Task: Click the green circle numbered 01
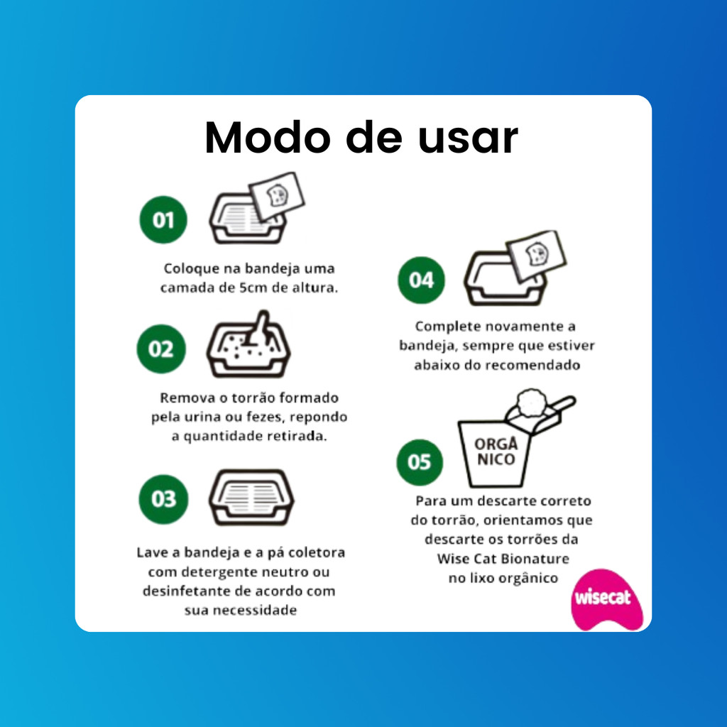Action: click(x=163, y=220)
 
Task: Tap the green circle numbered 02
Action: click(x=161, y=349)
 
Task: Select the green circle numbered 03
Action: click(x=163, y=499)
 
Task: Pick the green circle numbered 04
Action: click(x=421, y=280)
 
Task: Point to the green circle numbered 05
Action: click(x=420, y=462)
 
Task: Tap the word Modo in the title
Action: click(x=268, y=138)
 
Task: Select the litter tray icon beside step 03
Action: click(x=251, y=497)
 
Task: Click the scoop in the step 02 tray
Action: click(x=258, y=329)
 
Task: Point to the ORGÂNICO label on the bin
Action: click(x=496, y=451)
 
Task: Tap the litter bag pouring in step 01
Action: click(x=276, y=196)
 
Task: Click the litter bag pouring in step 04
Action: click(x=536, y=255)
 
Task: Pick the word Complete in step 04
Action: click(x=448, y=327)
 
